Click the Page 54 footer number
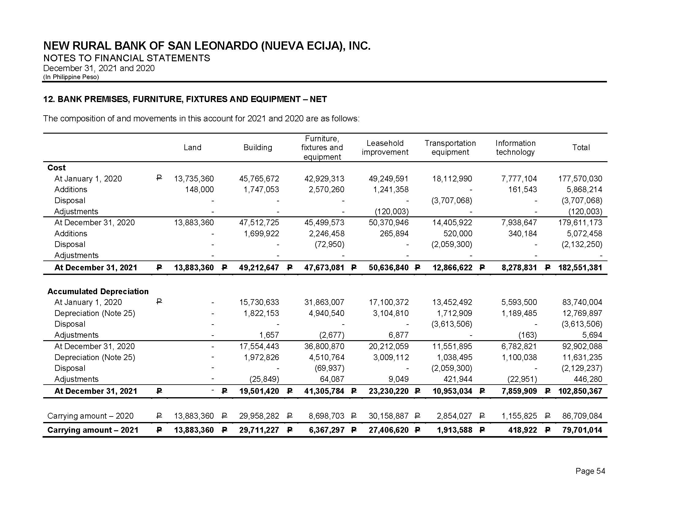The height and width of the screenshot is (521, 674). [590, 471]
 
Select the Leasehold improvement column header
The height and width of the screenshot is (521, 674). [385, 147]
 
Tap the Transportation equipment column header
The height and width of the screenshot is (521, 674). [450, 147]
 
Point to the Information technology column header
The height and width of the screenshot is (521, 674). [515, 147]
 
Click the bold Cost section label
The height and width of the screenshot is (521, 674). [56, 168]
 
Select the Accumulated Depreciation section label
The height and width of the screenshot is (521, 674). [98, 291]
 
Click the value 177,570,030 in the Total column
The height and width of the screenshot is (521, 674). [580, 179]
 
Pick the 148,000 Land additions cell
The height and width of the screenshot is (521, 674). [199, 189]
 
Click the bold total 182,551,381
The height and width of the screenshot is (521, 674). [580, 268]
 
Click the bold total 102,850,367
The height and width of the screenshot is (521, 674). [580, 391]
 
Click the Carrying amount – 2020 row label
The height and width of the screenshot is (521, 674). [90, 416]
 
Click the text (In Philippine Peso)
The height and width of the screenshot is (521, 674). [71, 77]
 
